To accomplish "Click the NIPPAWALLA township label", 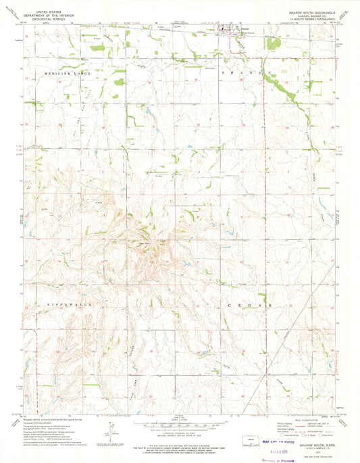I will pos(67,306).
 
